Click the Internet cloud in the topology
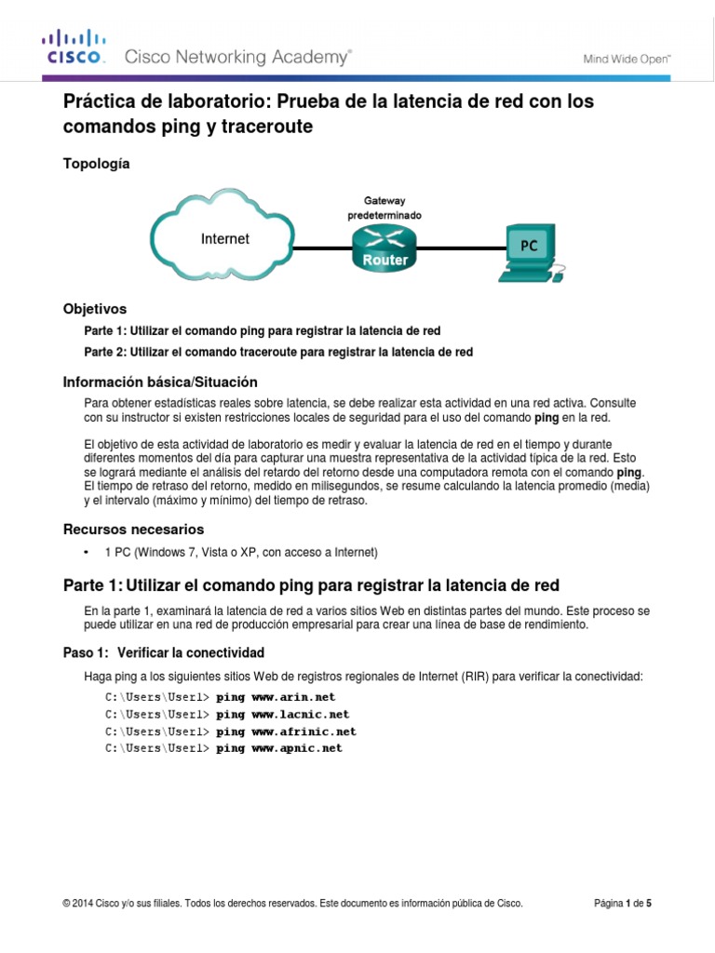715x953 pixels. (x=225, y=239)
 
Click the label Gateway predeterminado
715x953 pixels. (x=384, y=208)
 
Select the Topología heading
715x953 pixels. (x=96, y=164)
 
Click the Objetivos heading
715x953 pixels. (x=94, y=308)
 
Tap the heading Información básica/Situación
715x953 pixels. (x=159, y=383)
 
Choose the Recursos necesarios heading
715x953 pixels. (x=133, y=530)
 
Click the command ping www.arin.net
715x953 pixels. (x=276, y=696)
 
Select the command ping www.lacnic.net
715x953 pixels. (x=282, y=714)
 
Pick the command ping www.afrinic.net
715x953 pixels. (x=286, y=732)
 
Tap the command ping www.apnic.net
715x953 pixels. (x=279, y=748)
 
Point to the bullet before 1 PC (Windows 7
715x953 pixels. (x=87, y=553)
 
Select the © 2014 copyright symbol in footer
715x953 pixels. (x=66, y=904)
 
